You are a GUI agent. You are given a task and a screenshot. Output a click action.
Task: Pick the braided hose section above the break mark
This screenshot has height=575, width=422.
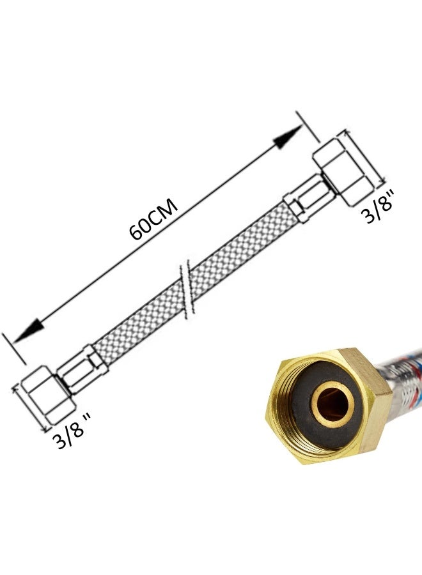click(240, 246)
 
